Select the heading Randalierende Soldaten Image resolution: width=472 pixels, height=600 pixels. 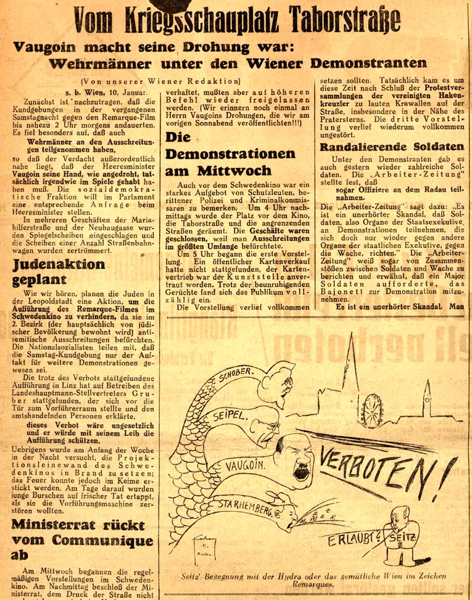point(391,146)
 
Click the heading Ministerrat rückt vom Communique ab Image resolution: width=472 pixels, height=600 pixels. point(81,538)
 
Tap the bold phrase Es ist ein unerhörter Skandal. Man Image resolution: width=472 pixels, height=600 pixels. point(393,307)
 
